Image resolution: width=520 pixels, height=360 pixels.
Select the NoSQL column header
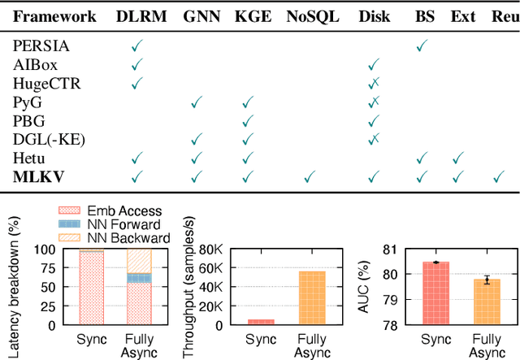click(x=313, y=16)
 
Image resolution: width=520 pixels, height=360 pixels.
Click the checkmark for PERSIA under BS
click(x=422, y=47)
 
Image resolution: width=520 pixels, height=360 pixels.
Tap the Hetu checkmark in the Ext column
click(x=457, y=157)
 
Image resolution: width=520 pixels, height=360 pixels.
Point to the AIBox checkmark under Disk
click(x=374, y=65)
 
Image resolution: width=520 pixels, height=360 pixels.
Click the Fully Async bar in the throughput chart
click(x=312, y=297)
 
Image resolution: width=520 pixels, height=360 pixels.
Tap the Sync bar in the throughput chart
click(x=261, y=321)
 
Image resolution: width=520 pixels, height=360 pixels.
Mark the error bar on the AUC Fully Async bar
click(x=487, y=280)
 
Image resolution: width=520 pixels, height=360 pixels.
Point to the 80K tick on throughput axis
click(x=210, y=249)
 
